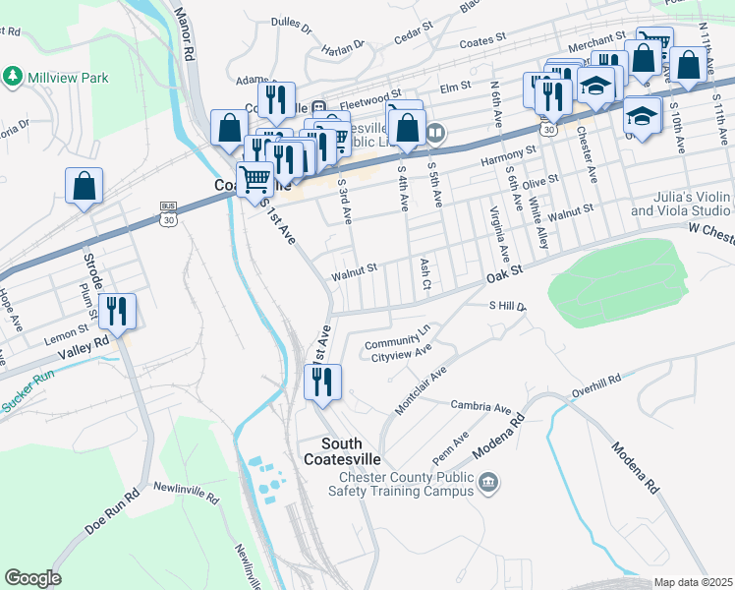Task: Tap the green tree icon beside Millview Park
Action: [13, 75]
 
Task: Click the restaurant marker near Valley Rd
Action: [117, 311]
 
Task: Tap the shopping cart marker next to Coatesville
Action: [254, 178]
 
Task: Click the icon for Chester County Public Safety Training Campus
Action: [488, 482]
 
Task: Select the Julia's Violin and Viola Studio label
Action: [680, 205]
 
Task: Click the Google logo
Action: [32, 578]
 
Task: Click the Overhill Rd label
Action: [599, 379]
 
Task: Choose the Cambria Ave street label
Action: [481, 406]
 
